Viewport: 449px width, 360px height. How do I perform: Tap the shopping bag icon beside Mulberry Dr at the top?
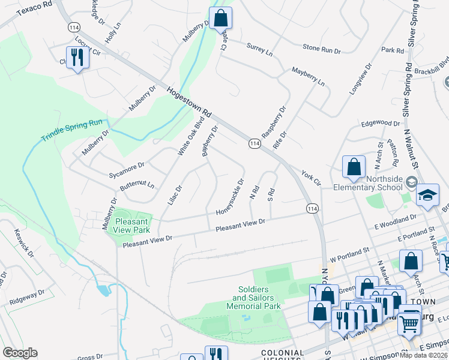[220, 17]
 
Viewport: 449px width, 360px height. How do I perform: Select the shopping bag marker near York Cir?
[354, 167]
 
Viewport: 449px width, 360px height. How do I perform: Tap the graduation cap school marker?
[427, 196]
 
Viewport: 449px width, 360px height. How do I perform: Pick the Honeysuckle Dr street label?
[231, 197]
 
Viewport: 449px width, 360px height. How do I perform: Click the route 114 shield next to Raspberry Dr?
[255, 143]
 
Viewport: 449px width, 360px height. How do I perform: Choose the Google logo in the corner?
[20, 353]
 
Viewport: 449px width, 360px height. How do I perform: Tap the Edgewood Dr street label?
[380, 123]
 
